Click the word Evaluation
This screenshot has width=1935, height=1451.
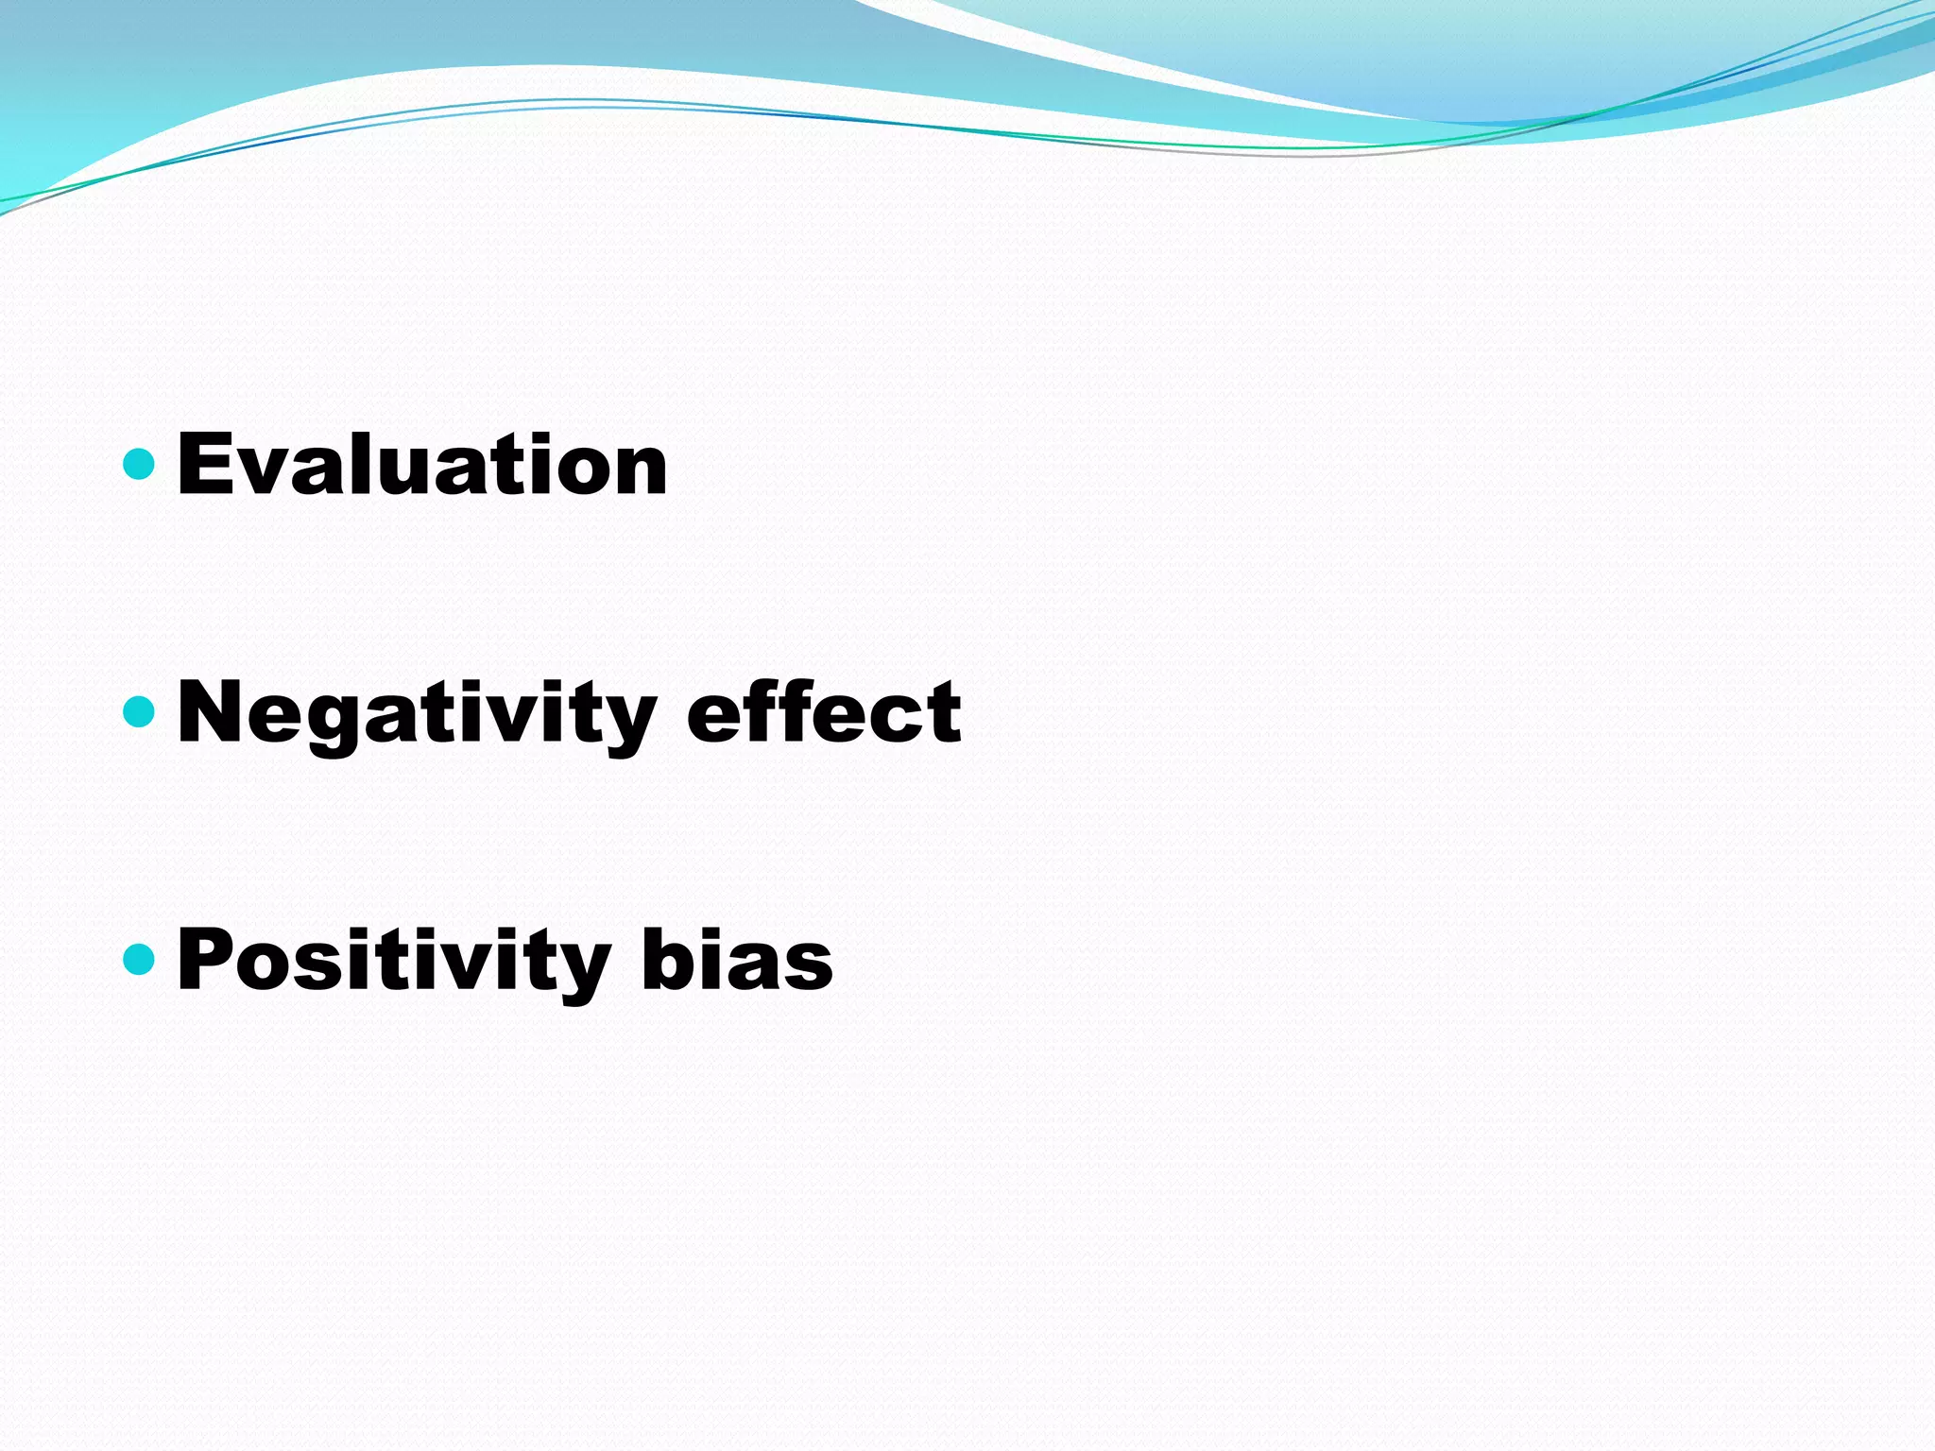click(x=421, y=464)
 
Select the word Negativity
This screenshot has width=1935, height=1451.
click(x=416, y=713)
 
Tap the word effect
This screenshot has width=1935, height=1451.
click(x=823, y=713)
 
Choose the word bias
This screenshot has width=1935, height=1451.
click(x=737, y=961)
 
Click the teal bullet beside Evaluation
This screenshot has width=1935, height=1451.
click(x=139, y=464)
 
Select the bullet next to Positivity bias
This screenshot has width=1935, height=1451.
click(x=139, y=960)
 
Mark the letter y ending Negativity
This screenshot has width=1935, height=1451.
click(x=627, y=723)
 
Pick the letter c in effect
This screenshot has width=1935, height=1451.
click(x=899, y=720)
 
